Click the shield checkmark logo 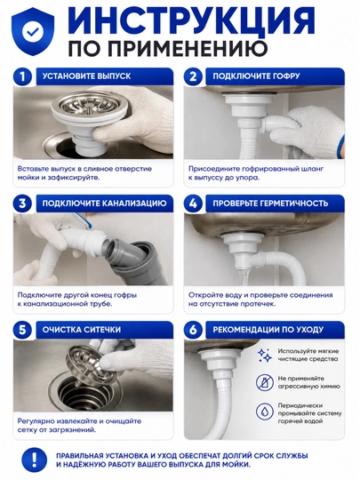tap(33, 31)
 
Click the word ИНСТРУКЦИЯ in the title tap(191, 21)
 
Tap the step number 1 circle tap(22, 76)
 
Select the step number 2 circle tap(193, 76)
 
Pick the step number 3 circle tap(22, 204)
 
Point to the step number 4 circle tap(193, 204)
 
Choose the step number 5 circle tap(22, 330)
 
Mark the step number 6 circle tap(193, 330)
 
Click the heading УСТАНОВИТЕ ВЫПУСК tap(86, 76)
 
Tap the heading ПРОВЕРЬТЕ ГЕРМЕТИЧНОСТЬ tap(270, 204)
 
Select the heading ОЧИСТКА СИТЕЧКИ tap(82, 330)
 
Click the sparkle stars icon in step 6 tap(264, 355)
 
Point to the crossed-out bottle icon tap(264, 382)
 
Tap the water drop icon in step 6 tap(264, 412)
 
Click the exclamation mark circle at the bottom tap(35, 460)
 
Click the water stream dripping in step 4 tap(244, 276)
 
